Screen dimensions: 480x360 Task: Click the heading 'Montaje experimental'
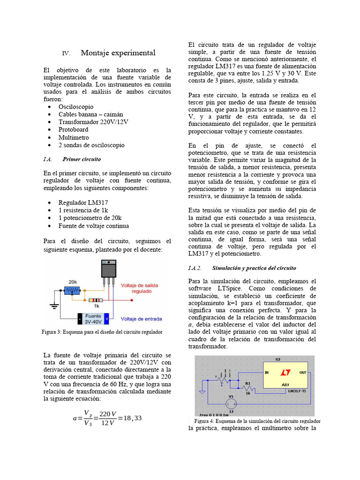point(118,52)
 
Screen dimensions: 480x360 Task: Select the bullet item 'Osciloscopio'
point(76,107)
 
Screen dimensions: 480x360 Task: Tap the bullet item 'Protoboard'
point(74,129)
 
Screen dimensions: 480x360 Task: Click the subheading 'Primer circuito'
point(82,159)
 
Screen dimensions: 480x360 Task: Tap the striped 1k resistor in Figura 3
point(96,300)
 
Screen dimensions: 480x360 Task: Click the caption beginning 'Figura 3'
point(102,332)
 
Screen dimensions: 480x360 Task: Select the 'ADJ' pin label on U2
point(285,385)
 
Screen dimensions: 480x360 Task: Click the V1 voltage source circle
point(230,403)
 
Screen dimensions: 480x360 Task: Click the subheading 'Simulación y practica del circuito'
point(254,268)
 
